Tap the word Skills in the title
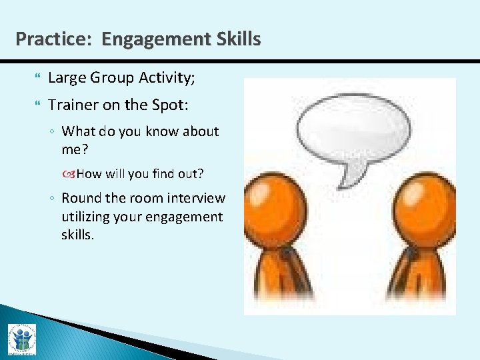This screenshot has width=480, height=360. [x=239, y=39]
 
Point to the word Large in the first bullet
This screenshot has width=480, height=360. [x=67, y=79]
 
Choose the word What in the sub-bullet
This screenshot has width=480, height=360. [x=78, y=131]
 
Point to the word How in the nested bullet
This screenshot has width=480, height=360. [x=89, y=174]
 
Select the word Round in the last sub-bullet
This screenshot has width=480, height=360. [x=80, y=198]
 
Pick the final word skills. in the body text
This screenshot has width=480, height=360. [x=77, y=235]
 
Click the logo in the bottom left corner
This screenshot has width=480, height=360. [x=21, y=339]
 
